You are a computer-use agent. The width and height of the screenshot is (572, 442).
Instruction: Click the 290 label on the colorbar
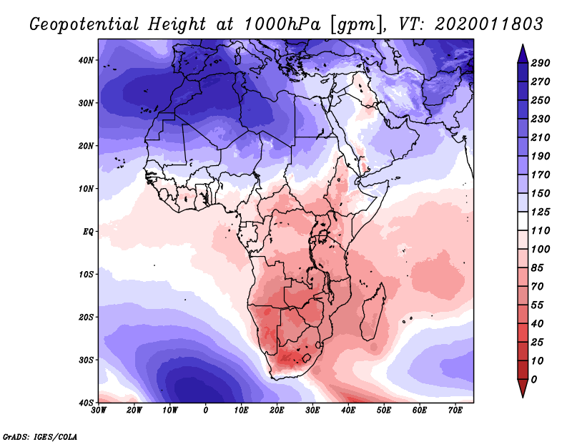[x=540, y=63]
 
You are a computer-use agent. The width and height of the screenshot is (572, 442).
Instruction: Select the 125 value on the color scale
[x=540, y=212]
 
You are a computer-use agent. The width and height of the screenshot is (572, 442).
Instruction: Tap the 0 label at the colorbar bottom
[x=534, y=380]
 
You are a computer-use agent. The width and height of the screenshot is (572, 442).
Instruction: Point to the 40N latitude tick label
[x=86, y=60]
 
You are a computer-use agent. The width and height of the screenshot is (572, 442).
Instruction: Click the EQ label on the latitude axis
[x=88, y=232]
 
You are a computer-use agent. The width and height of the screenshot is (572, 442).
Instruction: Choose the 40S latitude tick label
[x=86, y=403]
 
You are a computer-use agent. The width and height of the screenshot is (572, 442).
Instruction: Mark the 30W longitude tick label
[x=99, y=411]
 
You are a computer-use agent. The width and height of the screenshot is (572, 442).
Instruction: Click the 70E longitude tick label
[x=455, y=411]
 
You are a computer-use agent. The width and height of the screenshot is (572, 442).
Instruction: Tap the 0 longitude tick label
[x=206, y=411]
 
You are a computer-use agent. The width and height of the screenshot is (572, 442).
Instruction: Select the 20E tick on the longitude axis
[x=277, y=411]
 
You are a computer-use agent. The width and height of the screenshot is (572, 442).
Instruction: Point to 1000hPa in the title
[x=282, y=24]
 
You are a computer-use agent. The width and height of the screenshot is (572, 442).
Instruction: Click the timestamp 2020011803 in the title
[x=489, y=24]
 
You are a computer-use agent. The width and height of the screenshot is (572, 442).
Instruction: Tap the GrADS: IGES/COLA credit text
[x=40, y=436]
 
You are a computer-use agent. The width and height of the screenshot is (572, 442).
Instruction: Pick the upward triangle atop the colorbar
[x=523, y=54]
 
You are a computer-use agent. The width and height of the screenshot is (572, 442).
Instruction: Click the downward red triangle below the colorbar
[x=523, y=388]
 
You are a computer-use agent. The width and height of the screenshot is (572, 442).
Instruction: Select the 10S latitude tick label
[x=86, y=275]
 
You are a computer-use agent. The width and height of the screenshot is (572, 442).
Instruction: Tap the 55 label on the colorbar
[x=538, y=305]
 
